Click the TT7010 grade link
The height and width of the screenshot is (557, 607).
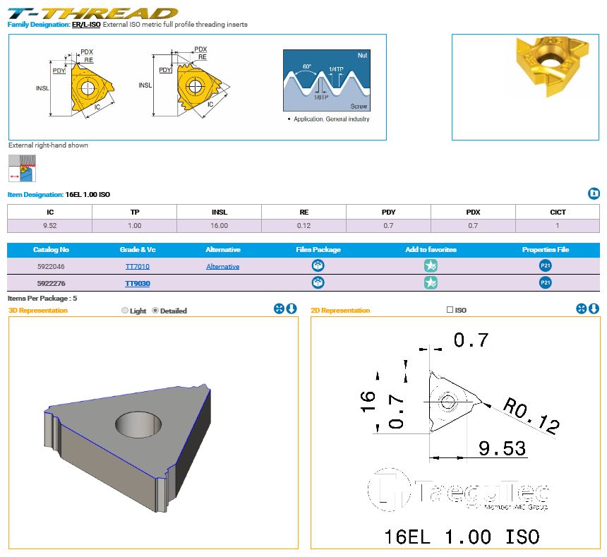pos(138,266)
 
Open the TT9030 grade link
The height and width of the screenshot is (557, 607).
pos(138,283)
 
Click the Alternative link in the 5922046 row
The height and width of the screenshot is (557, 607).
pos(222,266)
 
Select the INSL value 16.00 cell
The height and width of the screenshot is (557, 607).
pos(219,226)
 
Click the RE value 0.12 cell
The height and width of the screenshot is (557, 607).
pos(304,226)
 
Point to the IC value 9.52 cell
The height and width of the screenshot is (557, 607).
pos(50,226)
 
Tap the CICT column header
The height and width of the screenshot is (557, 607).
pos(558,212)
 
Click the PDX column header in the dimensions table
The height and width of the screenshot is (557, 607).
pos(473,212)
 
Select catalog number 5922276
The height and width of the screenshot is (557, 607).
pos(51,283)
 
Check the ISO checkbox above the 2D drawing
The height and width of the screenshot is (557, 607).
pos(450,310)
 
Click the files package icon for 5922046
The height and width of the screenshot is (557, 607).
pos(318,265)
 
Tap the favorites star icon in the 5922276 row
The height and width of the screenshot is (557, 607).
pos(431,282)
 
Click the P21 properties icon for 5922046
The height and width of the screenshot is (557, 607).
pos(546,265)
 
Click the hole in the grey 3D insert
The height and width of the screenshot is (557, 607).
pos(138,423)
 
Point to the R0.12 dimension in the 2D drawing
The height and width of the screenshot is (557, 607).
pos(531,416)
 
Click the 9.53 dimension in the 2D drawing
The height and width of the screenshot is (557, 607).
pos(502,448)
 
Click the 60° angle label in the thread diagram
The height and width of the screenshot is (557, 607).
pos(307,66)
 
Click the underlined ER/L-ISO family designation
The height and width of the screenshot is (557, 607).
pos(86,25)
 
